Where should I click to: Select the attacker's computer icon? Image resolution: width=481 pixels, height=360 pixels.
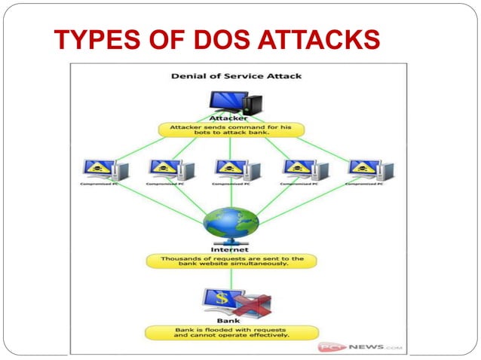pos(231,102)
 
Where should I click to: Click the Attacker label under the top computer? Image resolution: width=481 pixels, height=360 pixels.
pos(231,119)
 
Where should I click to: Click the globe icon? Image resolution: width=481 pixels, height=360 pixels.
pos(231,221)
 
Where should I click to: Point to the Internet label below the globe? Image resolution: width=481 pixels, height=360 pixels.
pos(231,249)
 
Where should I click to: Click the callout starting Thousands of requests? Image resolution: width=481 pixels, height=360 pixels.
pos(231,261)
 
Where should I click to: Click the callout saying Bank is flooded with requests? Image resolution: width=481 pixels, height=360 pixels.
pos(231,332)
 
